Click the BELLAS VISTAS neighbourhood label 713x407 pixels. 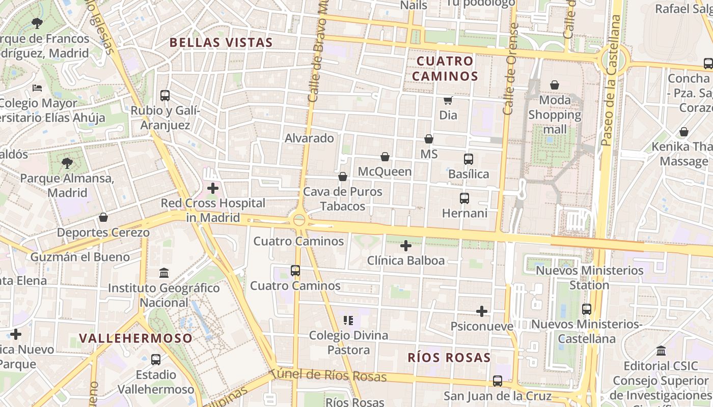click(x=221, y=42)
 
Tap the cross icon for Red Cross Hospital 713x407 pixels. click(x=213, y=189)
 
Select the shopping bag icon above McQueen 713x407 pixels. click(x=385, y=157)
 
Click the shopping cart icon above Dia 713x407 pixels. click(x=448, y=100)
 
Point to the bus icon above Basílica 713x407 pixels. click(x=469, y=159)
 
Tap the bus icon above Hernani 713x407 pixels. click(x=464, y=198)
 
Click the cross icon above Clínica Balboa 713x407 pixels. click(x=406, y=246)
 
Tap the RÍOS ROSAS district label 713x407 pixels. click(x=449, y=358)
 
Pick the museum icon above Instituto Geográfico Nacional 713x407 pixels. click(x=164, y=273)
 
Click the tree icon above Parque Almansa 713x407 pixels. click(x=67, y=163)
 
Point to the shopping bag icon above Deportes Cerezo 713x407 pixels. click(x=103, y=218)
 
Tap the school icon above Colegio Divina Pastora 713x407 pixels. click(x=348, y=321)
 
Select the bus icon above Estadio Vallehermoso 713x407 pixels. click(x=156, y=360)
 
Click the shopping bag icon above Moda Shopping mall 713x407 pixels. click(x=555, y=85)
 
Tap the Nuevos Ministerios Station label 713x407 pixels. click(x=589, y=278)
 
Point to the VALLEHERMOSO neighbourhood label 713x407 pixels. click(x=136, y=338)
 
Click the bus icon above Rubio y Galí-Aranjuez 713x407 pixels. click(x=165, y=95)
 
